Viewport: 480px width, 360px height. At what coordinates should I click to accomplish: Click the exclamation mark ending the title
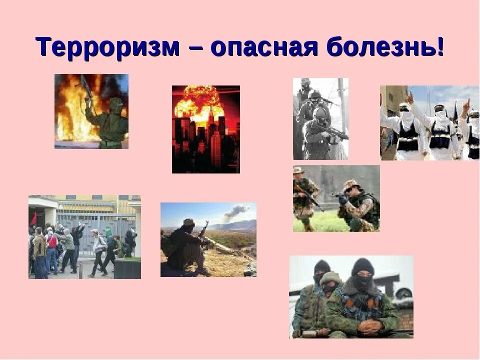click(x=440, y=48)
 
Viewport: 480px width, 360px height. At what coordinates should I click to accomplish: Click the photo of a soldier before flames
click(x=91, y=111)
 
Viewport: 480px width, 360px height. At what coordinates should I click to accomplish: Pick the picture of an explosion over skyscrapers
click(x=205, y=129)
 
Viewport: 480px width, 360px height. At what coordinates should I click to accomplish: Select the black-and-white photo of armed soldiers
click(x=320, y=118)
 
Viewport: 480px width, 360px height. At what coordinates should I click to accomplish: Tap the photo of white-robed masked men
click(x=429, y=122)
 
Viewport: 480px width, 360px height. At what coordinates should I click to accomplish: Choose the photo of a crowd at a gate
click(x=84, y=236)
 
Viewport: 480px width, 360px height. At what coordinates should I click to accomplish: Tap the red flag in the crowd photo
click(x=34, y=218)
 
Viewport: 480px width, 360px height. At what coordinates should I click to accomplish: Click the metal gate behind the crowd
click(x=95, y=220)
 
